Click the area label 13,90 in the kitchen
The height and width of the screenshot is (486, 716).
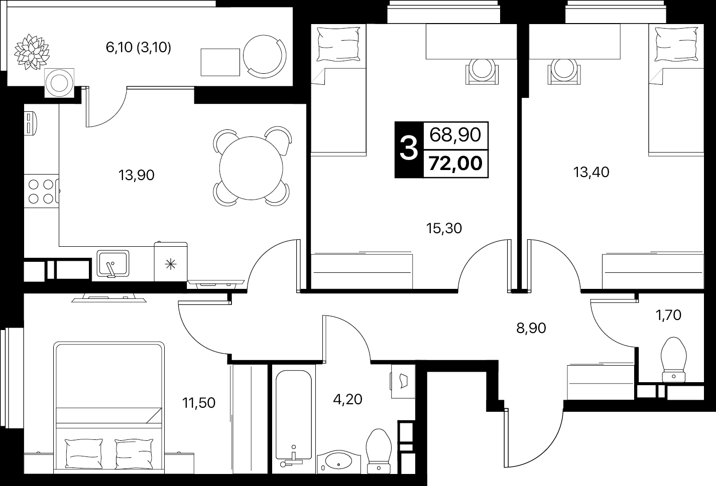click(137, 176)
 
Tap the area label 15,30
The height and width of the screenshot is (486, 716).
click(444, 229)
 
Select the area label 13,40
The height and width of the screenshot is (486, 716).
click(591, 173)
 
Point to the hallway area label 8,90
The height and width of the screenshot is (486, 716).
click(531, 328)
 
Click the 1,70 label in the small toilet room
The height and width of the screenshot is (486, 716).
click(668, 315)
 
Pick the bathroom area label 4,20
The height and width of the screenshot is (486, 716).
click(347, 399)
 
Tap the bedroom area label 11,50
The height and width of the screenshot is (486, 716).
click(198, 403)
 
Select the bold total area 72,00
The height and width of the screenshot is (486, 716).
click(455, 164)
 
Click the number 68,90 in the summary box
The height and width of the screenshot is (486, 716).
click(455, 135)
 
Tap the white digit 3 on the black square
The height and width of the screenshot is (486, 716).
click(409, 149)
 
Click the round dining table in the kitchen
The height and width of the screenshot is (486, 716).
click(251, 169)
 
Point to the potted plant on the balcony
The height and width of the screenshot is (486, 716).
click(32, 52)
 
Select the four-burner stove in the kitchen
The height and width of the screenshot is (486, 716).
click(41, 192)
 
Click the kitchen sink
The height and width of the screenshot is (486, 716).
click(113, 264)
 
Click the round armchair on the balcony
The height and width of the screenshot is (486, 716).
click(265, 56)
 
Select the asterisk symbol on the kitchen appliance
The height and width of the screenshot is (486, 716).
click(171, 264)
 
